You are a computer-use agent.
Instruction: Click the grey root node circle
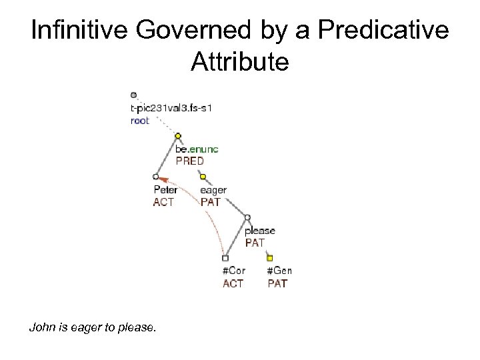(134, 95)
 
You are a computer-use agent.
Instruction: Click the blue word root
(139, 121)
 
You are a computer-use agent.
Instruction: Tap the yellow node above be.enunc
(178, 136)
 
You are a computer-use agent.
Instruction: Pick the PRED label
(189, 161)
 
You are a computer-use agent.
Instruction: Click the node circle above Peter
(155, 177)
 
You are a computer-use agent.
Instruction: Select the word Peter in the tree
(165, 190)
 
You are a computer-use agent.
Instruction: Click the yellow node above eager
(203, 177)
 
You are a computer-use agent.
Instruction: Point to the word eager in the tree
(213, 190)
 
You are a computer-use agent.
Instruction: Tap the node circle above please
(247, 217)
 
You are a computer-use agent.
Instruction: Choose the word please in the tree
(259, 231)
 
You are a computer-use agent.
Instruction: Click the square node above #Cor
(225, 257)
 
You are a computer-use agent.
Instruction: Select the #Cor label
(233, 271)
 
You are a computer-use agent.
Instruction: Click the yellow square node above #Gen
(270, 257)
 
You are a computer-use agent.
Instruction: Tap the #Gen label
(279, 271)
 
